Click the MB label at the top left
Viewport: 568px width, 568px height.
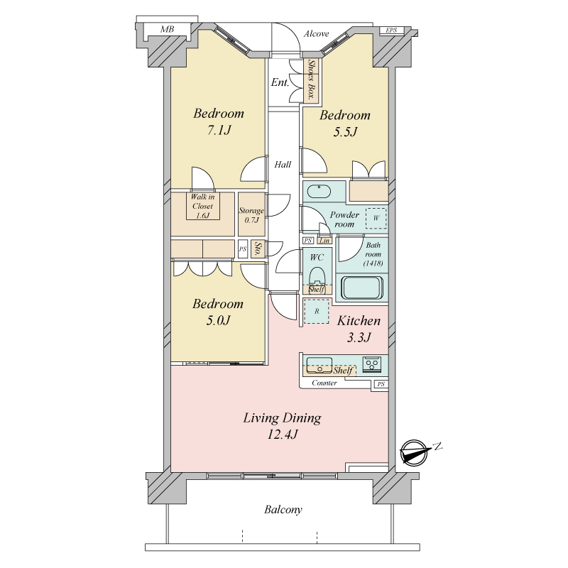pos(167,29)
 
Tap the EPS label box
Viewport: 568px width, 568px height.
pos(391,31)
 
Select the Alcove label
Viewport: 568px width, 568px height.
pos(316,33)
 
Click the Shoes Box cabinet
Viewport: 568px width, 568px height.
pos(311,80)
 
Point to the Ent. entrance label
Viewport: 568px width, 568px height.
pos(280,82)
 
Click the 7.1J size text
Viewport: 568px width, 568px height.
pos(219,130)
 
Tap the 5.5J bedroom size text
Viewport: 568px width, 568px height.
pos(345,132)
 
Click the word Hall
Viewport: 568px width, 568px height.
pos(283,165)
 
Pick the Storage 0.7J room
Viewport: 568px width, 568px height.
pos(251,214)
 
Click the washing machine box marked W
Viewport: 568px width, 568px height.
pos(376,218)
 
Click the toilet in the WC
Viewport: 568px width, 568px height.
pos(317,277)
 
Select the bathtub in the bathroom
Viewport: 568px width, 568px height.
pos(362,288)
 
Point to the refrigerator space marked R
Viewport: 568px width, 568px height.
pos(317,311)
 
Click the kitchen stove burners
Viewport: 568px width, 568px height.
pos(372,364)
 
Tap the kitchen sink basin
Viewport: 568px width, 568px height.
pos(319,365)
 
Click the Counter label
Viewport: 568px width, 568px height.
pos(324,383)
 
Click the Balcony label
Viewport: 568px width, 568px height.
pos(283,510)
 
